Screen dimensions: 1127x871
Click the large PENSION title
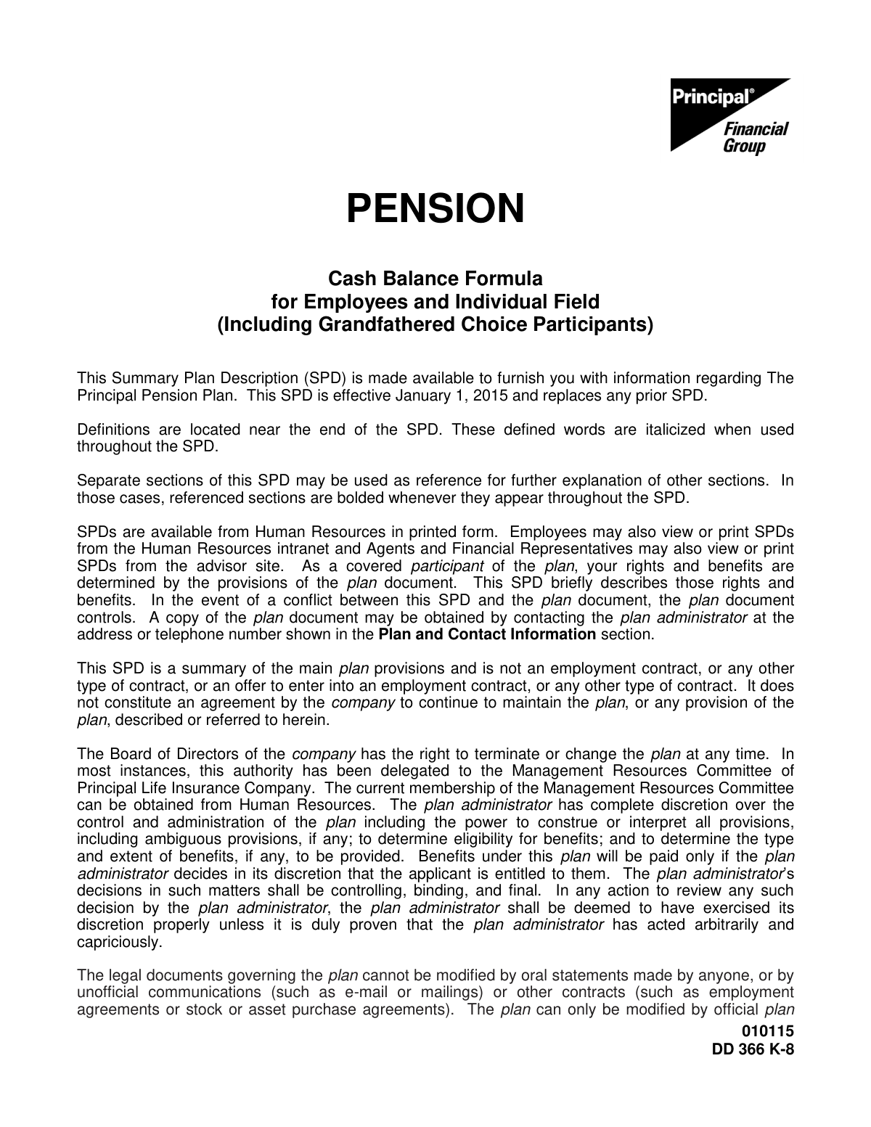(435, 208)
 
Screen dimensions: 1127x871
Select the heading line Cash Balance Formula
(435, 279)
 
